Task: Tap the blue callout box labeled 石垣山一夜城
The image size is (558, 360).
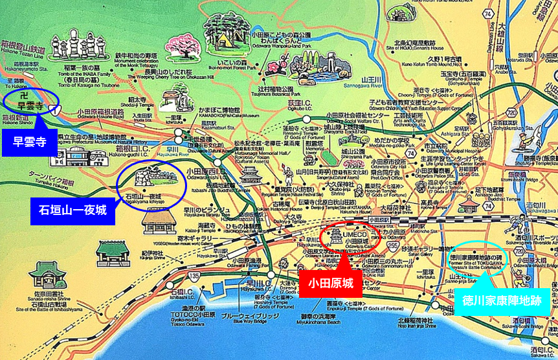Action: coord(73,211)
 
